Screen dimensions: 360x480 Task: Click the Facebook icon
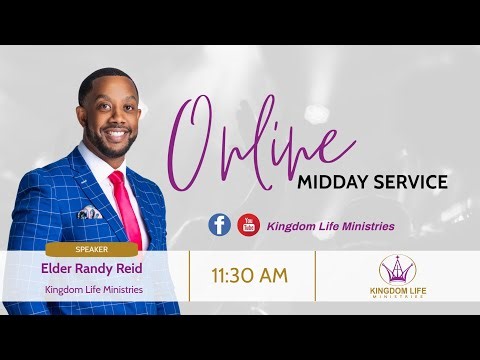click(x=219, y=225)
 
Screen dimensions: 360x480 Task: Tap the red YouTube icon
click(x=248, y=225)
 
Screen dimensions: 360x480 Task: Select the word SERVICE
click(x=410, y=183)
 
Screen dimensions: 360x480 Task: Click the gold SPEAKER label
click(x=91, y=250)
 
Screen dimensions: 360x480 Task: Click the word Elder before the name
click(x=58, y=269)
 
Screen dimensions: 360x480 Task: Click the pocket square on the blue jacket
click(x=89, y=212)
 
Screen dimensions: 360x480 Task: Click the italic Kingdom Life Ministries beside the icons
click(x=330, y=226)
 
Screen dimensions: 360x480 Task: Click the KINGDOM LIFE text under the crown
click(x=398, y=291)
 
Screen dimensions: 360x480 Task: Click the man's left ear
click(x=81, y=114)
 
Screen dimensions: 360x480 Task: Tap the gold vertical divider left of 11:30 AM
click(x=190, y=275)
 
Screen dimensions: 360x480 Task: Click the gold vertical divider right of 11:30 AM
click(x=316, y=275)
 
